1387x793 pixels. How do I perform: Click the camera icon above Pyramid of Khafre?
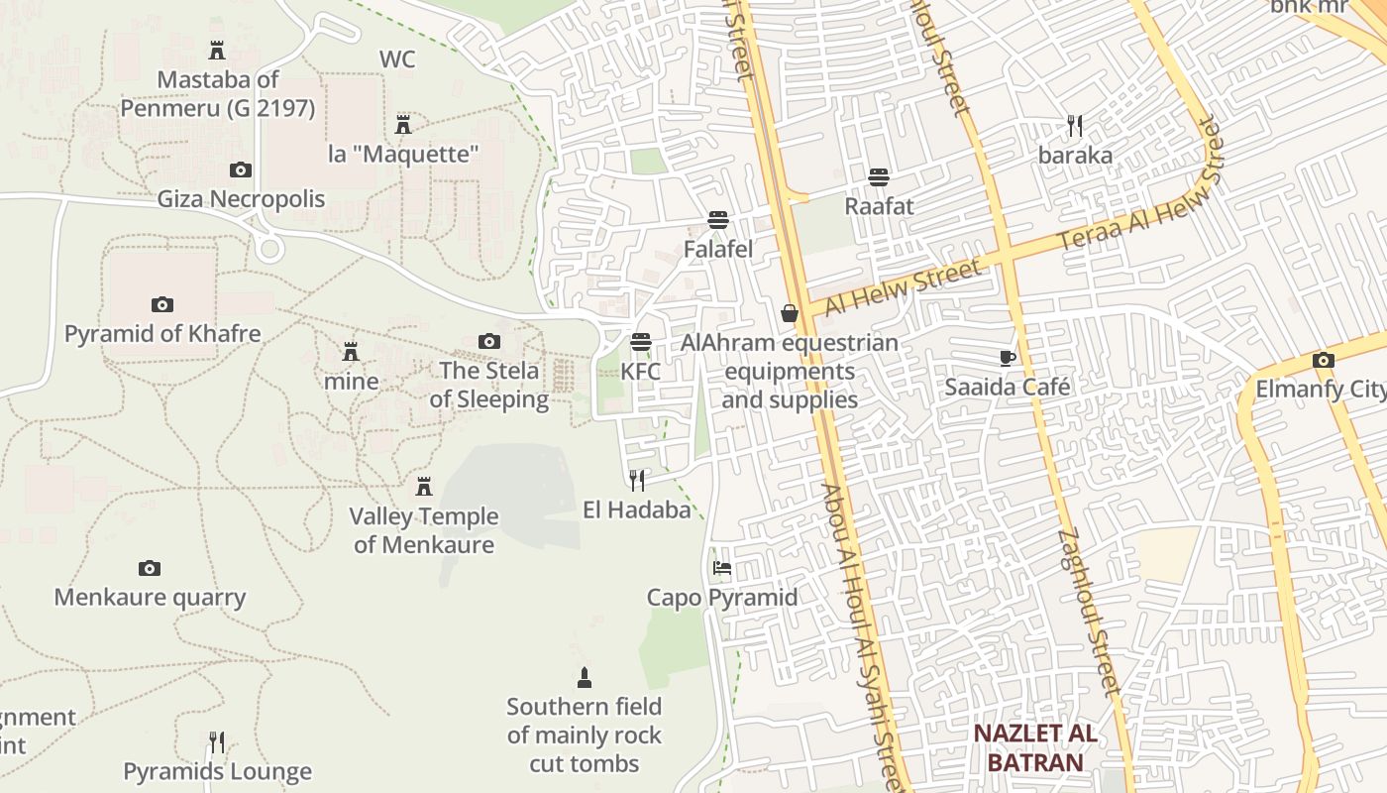[x=161, y=304]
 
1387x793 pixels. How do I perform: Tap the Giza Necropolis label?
[x=241, y=199]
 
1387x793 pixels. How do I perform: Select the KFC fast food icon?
[x=641, y=343]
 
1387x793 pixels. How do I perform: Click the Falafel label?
[x=718, y=249]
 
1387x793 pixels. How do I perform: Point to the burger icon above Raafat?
[x=878, y=177]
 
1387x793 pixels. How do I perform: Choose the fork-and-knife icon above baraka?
[x=1075, y=126]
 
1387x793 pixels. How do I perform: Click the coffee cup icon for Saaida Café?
[x=1008, y=358]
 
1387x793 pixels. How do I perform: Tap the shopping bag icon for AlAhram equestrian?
[x=790, y=313]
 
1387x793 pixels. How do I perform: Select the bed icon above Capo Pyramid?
[x=722, y=568]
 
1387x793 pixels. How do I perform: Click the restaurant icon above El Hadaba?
[x=637, y=481]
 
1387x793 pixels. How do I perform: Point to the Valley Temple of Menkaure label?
[x=424, y=530]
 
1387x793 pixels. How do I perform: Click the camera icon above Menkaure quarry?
[x=150, y=568]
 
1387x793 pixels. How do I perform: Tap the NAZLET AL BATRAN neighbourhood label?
[x=1034, y=747]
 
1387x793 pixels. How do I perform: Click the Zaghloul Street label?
[x=1087, y=611]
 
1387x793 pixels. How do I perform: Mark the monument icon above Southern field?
[x=585, y=678]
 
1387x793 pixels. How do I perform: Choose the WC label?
[x=397, y=59]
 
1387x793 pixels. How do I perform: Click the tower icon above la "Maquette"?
[x=403, y=125]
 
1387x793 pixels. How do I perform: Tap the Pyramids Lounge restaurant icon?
[x=217, y=741]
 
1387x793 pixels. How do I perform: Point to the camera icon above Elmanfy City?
[x=1323, y=361]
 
